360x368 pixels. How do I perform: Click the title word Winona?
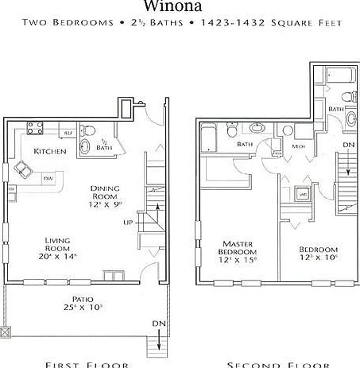[x=179, y=6]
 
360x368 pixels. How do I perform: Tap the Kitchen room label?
[x=49, y=151]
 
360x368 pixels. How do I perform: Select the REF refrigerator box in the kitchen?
[x=68, y=133]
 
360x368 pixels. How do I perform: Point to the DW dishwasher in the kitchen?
[x=48, y=178]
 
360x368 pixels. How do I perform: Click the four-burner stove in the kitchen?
[x=36, y=127]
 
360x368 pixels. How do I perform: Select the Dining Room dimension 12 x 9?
[x=105, y=204]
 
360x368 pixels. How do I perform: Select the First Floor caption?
[x=87, y=364]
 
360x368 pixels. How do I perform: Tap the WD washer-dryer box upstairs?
[x=303, y=192]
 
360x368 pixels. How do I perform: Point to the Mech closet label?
[x=299, y=146]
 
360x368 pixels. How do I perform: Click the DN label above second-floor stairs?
[x=348, y=145]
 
